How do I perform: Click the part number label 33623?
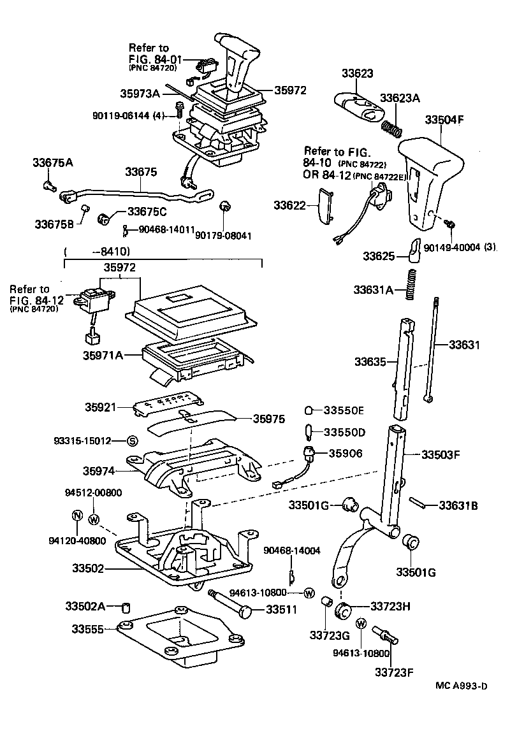click(356, 73)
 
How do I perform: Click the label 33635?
click(370, 361)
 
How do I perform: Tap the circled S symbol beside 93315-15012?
click(132, 440)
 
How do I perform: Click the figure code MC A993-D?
click(462, 686)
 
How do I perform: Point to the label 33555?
click(87, 628)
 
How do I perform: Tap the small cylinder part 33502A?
click(127, 605)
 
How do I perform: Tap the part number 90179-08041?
click(224, 235)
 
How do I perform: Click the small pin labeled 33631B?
click(419, 503)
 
